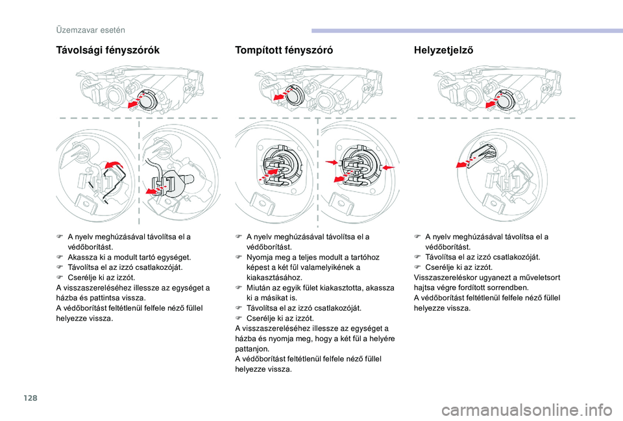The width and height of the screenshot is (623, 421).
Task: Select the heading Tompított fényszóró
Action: pos(284,50)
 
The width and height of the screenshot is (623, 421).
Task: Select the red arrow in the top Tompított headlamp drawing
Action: pos(281,97)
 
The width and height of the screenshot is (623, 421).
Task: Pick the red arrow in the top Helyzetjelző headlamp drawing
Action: pos(493,102)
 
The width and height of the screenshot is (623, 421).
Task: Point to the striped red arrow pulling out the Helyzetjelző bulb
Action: pos(465,162)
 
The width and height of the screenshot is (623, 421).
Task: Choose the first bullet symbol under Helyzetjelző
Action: pos(417,237)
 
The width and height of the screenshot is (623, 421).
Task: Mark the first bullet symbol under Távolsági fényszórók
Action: pos(60,237)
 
